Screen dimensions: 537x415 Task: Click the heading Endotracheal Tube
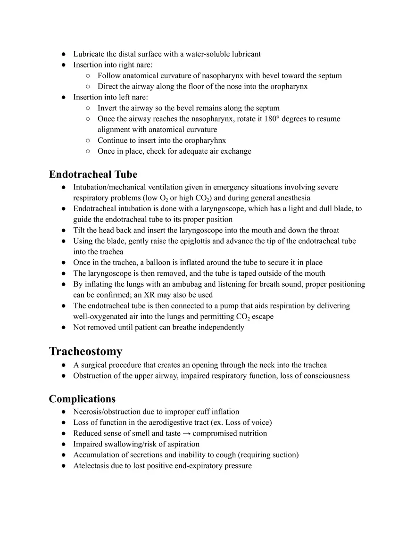tap(93, 174)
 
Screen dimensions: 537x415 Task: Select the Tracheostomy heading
tap(85, 351)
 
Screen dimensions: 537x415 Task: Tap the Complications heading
tap(82, 399)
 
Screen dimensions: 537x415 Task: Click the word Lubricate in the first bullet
tap(89, 54)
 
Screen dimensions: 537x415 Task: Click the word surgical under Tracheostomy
tap(95, 365)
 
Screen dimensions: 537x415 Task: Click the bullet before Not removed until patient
tap(63, 328)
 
